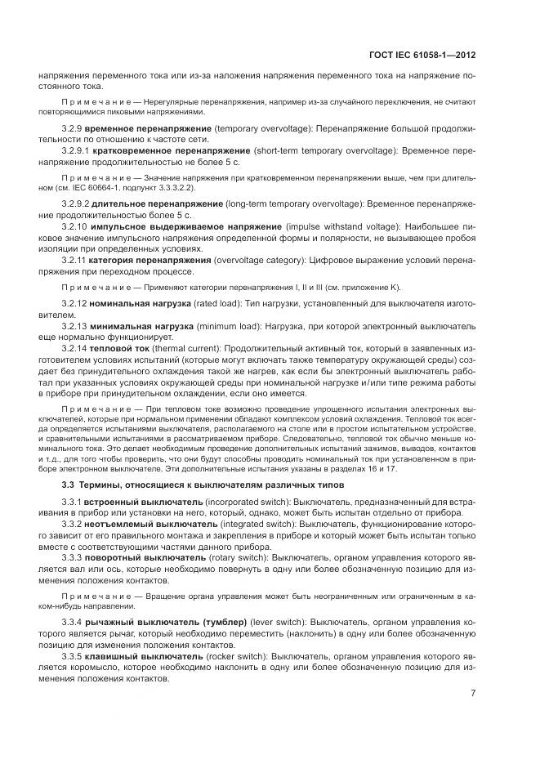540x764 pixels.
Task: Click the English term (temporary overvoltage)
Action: click(x=258, y=129)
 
